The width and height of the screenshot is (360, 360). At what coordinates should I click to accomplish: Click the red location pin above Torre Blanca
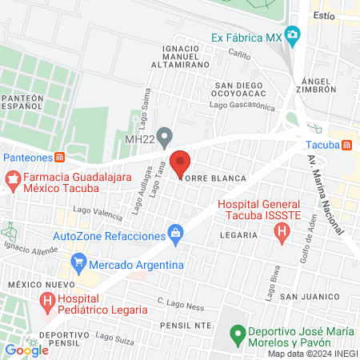(x=180, y=162)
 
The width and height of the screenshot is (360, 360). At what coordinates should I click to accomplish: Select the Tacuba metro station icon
(x=346, y=145)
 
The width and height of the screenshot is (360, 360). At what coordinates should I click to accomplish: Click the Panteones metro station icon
(x=59, y=157)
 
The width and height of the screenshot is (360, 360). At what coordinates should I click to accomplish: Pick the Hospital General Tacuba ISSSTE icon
(x=281, y=233)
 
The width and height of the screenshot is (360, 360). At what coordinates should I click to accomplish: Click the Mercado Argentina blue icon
(x=78, y=262)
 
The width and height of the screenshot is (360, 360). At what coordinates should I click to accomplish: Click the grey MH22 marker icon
(x=164, y=134)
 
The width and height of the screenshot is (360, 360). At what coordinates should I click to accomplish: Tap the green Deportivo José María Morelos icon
(x=237, y=332)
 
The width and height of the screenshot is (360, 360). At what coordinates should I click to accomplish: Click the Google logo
(x=26, y=350)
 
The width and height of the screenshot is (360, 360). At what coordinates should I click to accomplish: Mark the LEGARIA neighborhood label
(x=241, y=234)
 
